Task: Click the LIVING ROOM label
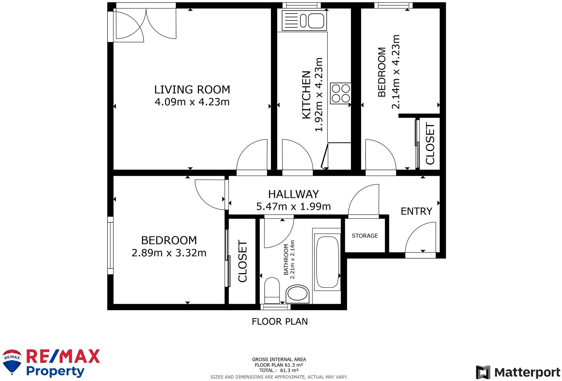tap(192, 90)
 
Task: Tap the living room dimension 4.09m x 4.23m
tap(192, 102)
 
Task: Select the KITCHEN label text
tap(306, 95)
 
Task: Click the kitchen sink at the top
tap(304, 20)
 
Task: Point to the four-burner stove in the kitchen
tap(341, 93)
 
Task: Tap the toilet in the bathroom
tap(272, 290)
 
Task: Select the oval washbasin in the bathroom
tap(298, 294)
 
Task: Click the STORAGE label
tap(365, 236)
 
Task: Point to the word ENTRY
tap(416, 211)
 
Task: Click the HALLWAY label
tap(293, 194)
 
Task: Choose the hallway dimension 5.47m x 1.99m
tap(293, 206)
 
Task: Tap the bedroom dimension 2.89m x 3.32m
tap(169, 253)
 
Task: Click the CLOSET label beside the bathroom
tap(243, 261)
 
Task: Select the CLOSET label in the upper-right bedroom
tap(430, 143)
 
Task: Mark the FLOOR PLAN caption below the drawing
tap(280, 322)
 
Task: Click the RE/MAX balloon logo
tap(12, 362)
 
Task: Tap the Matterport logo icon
tap(483, 372)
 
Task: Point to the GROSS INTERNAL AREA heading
tap(279, 359)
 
